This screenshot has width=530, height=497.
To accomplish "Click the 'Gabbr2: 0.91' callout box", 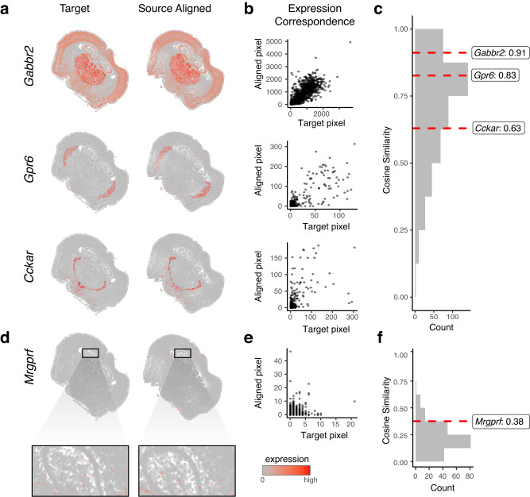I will (x=498, y=52).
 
